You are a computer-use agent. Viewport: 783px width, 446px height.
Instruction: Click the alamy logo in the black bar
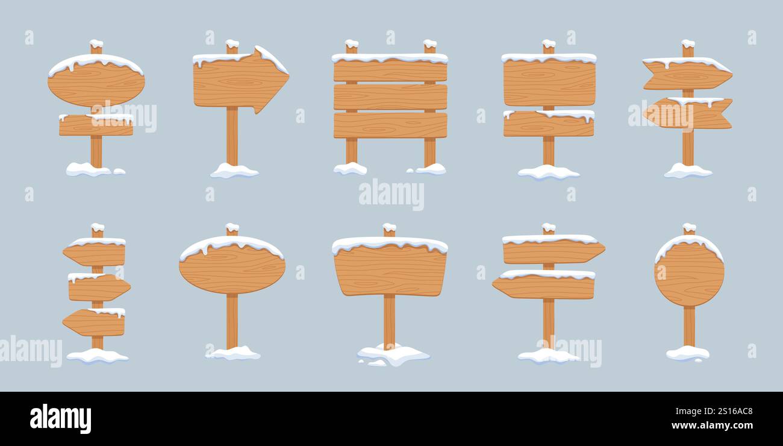tap(60, 418)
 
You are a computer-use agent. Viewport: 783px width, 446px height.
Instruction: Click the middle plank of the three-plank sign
tap(390, 97)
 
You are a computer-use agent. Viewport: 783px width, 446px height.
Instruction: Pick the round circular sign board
tap(689, 274)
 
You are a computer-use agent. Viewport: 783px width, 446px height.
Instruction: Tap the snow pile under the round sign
tap(687, 353)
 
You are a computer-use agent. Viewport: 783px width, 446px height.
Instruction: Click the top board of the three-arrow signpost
tap(95, 254)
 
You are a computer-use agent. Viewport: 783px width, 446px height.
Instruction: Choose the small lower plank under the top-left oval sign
tap(96, 126)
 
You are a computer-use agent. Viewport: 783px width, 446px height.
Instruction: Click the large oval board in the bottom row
tap(232, 269)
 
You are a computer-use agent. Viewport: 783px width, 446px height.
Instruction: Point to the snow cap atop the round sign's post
tap(688, 227)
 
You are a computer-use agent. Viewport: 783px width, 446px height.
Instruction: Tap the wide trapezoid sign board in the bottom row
tap(390, 271)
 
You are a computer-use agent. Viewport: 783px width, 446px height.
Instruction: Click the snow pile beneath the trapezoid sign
tap(393, 354)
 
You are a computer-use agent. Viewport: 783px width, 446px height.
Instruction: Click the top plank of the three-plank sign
tap(390, 70)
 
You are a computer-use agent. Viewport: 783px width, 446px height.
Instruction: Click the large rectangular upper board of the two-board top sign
tap(549, 83)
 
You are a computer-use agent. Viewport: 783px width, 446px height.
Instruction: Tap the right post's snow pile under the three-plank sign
tap(430, 169)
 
